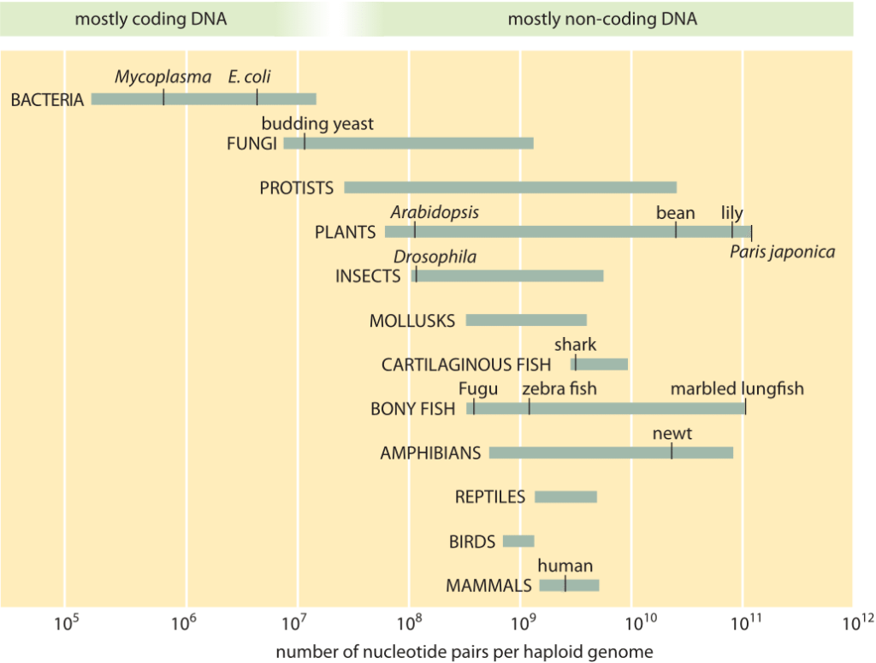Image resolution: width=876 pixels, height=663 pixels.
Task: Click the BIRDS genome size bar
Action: (x=518, y=542)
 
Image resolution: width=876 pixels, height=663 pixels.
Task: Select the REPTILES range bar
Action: (x=565, y=497)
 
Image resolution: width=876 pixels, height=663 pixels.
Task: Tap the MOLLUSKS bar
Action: (x=526, y=320)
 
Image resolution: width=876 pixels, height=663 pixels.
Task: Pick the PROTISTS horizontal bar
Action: (x=510, y=187)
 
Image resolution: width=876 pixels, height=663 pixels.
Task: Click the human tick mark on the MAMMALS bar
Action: (x=565, y=585)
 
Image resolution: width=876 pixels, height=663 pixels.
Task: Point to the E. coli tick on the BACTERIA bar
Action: (x=257, y=98)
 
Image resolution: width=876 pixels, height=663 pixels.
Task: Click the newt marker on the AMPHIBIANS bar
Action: (x=672, y=452)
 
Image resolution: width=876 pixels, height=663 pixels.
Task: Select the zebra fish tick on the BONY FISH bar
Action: (x=530, y=408)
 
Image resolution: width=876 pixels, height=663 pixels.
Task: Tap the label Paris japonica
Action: (x=782, y=252)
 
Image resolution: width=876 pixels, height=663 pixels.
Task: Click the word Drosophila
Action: (x=435, y=258)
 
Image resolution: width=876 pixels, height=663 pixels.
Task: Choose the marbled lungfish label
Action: (x=737, y=389)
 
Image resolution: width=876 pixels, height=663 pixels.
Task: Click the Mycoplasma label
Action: (x=163, y=78)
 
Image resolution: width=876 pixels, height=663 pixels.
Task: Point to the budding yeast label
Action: (x=317, y=124)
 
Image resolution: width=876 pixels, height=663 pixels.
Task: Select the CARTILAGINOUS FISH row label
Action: (x=466, y=365)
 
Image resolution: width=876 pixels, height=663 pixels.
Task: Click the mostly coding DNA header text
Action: (x=151, y=19)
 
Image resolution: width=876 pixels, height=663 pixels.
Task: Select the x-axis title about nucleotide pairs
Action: (x=465, y=652)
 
